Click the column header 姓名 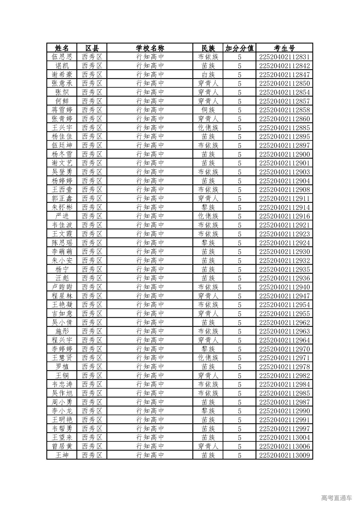coord(62,48)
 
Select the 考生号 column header coord(284,48)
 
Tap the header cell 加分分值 coord(239,48)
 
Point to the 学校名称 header coord(150,48)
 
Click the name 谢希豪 coord(62,75)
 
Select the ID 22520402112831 coord(284,57)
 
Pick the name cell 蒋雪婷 coord(62,110)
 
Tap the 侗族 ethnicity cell coord(208,110)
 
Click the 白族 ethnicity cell coord(208,75)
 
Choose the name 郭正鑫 coord(62,199)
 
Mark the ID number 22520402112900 coord(284,154)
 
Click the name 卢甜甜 coord(62,287)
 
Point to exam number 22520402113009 coord(284,455)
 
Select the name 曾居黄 coord(62,446)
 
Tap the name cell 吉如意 coord(62,314)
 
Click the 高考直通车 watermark coord(336,498)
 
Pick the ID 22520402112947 coord(284,296)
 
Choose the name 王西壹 coord(62,190)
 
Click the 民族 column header coord(208,48)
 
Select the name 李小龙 coord(62,411)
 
